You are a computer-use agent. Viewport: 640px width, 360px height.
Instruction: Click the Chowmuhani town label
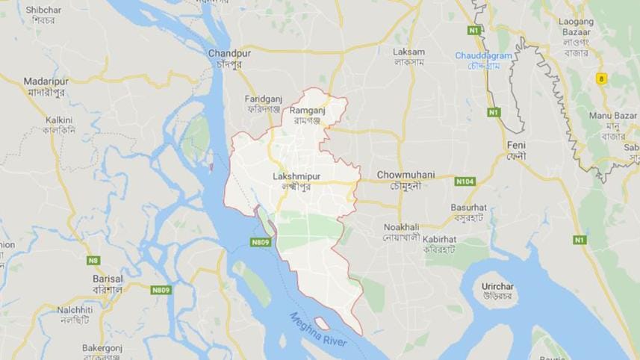coord(405,174)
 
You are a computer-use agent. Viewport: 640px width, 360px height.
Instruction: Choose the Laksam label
coord(409,52)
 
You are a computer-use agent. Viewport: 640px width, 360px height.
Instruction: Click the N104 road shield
coord(465,181)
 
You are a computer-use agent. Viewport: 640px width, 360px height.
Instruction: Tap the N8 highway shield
coord(93,260)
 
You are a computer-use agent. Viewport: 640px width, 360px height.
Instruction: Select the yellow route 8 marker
coord(601,78)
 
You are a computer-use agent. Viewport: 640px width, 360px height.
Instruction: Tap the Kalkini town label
coord(59,120)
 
